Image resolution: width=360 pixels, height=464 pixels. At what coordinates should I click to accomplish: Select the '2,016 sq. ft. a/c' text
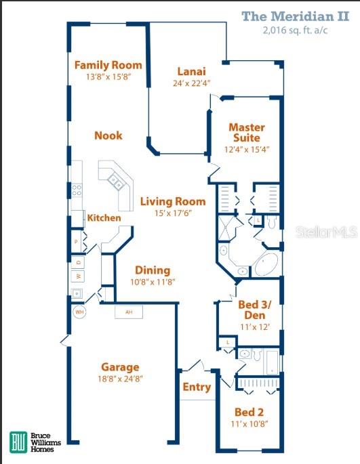tap(300, 30)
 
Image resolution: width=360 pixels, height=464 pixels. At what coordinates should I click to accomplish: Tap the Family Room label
tap(108, 65)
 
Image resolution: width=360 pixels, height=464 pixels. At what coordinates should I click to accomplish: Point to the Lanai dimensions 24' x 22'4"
tap(192, 84)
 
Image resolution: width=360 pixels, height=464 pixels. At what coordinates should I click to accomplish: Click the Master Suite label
tap(246, 132)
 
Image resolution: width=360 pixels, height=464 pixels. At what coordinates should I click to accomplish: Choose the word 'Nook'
tap(108, 135)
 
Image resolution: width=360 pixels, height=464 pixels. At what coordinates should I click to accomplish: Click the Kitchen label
tap(104, 218)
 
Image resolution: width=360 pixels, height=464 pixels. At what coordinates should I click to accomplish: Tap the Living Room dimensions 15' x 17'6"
tap(172, 214)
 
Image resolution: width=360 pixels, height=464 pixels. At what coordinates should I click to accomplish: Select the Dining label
tap(152, 270)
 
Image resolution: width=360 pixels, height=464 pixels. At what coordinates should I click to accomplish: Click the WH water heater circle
tap(79, 312)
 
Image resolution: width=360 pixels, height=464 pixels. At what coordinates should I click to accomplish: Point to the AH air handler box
tap(128, 312)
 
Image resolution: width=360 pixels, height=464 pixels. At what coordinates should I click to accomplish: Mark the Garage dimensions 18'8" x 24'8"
tap(121, 379)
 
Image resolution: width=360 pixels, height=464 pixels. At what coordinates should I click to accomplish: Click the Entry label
tap(197, 387)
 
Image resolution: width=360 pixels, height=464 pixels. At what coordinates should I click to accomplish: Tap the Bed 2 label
tap(249, 412)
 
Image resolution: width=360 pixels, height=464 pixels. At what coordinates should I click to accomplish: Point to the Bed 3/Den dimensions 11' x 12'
tap(250, 326)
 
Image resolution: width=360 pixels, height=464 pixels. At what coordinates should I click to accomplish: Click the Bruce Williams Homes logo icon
tap(19, 442)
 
